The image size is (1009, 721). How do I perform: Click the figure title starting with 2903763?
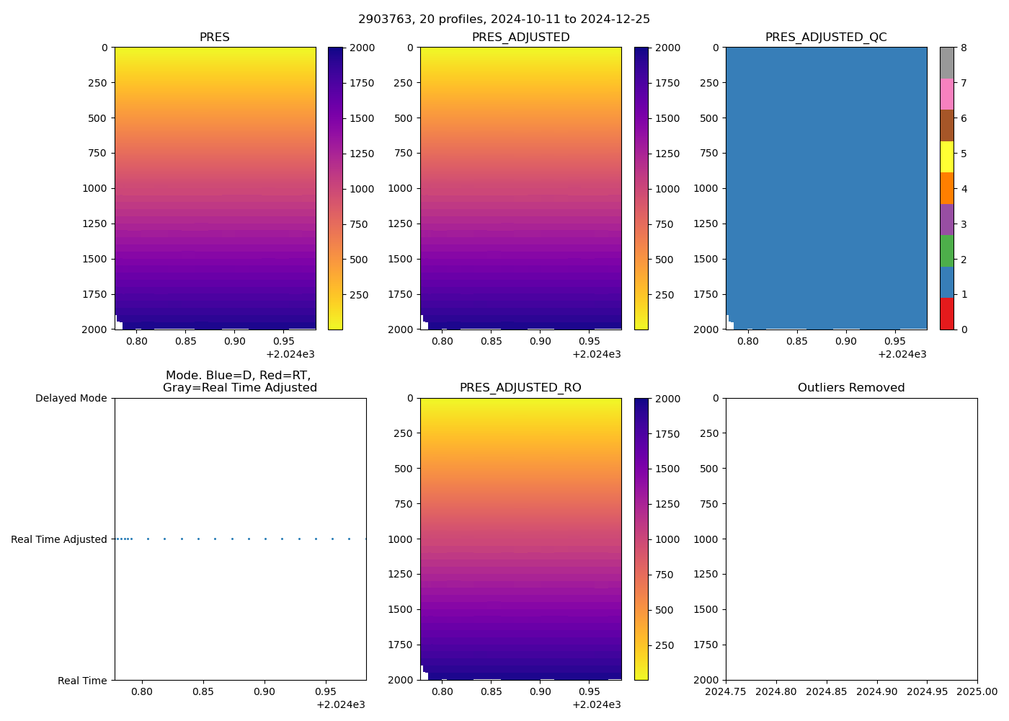coord(504,19)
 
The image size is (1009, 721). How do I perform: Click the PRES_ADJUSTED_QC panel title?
coord(826,37)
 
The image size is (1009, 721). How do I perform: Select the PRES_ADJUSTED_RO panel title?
coord(520,388)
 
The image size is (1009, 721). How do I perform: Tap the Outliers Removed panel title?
coord(851,388)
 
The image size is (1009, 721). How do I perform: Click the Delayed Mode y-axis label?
coord(71,398)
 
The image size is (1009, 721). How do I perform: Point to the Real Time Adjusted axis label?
coord(59,539)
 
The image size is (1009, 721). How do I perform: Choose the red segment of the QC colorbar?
coord(947,314)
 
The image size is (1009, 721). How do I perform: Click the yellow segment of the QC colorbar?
coord(947,156)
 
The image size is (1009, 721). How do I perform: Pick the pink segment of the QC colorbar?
coord(947,94)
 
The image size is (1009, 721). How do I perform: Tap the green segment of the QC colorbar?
coord(947,251)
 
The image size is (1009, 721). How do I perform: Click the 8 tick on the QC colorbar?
coord(964,48)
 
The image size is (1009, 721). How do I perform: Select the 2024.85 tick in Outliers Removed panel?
coord(826,691)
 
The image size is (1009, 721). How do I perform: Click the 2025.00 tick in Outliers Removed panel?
coord(977,691)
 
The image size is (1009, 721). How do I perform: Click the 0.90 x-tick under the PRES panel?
coord(235,341)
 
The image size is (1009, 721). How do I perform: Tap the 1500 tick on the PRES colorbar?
coord(362,118)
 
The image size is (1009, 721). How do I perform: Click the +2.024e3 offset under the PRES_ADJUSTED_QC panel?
coord(902,354)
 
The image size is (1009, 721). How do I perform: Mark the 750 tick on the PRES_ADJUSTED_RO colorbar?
coord(663,575)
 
